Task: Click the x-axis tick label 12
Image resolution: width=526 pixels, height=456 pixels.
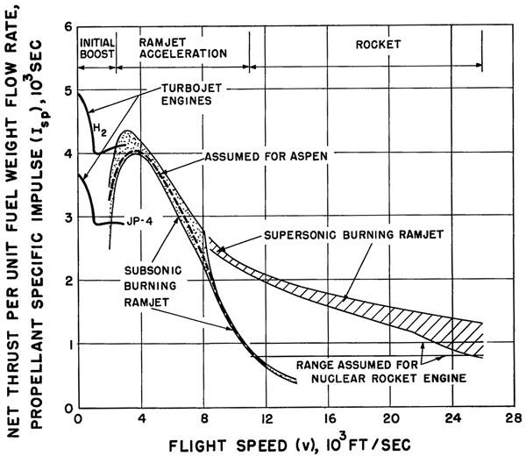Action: (x=267, y=419)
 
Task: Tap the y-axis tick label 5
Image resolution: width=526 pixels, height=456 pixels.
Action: (x=68, y=91)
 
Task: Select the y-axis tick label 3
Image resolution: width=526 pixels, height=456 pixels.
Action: (x=68, y=217)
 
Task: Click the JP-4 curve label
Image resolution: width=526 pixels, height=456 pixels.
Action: (x=139, y=221)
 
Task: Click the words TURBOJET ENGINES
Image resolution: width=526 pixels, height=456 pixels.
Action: (x=191, y=95)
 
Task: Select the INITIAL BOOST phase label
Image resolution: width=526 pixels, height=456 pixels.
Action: (x=97, y=48)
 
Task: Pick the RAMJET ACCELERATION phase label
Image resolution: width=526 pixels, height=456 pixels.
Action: (x=183, y=48)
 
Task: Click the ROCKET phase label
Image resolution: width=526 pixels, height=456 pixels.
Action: (x=378, y=45)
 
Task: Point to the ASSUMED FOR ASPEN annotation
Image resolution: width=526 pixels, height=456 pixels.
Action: (x=266, y=157)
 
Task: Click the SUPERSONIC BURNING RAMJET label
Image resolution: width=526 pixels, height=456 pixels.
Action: (x=354, y=235)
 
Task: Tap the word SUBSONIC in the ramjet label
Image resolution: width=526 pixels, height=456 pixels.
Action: (x=153, y=270)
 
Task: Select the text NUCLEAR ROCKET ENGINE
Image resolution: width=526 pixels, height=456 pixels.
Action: (x=388, y=379)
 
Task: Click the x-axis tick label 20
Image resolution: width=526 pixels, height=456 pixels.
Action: (x=392, y=419)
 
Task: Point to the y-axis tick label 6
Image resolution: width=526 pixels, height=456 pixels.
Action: (x=68, y=27)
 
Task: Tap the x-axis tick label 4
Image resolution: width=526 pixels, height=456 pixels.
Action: (x=142, y=419)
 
